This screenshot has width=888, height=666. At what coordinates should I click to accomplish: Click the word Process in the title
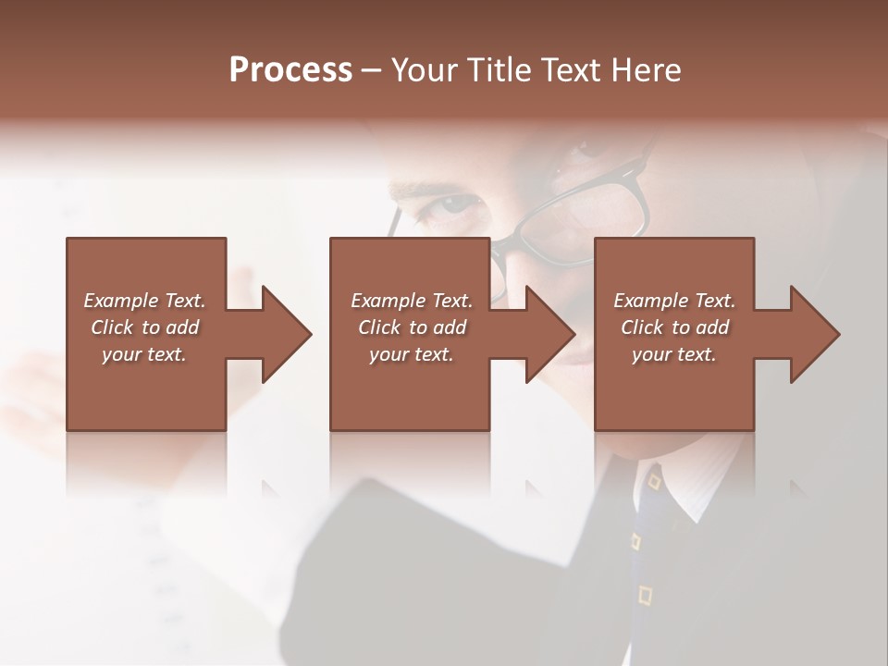(x=290, y=70)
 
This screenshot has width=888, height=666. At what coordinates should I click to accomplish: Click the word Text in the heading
(x=572, y=70)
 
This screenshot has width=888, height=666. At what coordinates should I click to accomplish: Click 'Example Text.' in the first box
(x=144, y=301)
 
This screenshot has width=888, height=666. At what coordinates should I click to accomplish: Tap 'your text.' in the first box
(x=144, y=354)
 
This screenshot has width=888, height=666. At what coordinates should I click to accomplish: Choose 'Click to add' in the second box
(x=412, y=327)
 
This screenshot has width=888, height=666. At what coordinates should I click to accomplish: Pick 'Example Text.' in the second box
(x=412, y=301)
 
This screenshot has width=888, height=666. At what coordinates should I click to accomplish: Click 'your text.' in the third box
(x=673, y=354)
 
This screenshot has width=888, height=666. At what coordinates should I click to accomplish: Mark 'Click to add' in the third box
(x=674, y=327)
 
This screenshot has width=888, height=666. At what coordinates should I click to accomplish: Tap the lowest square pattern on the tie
(x=645, y=594)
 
